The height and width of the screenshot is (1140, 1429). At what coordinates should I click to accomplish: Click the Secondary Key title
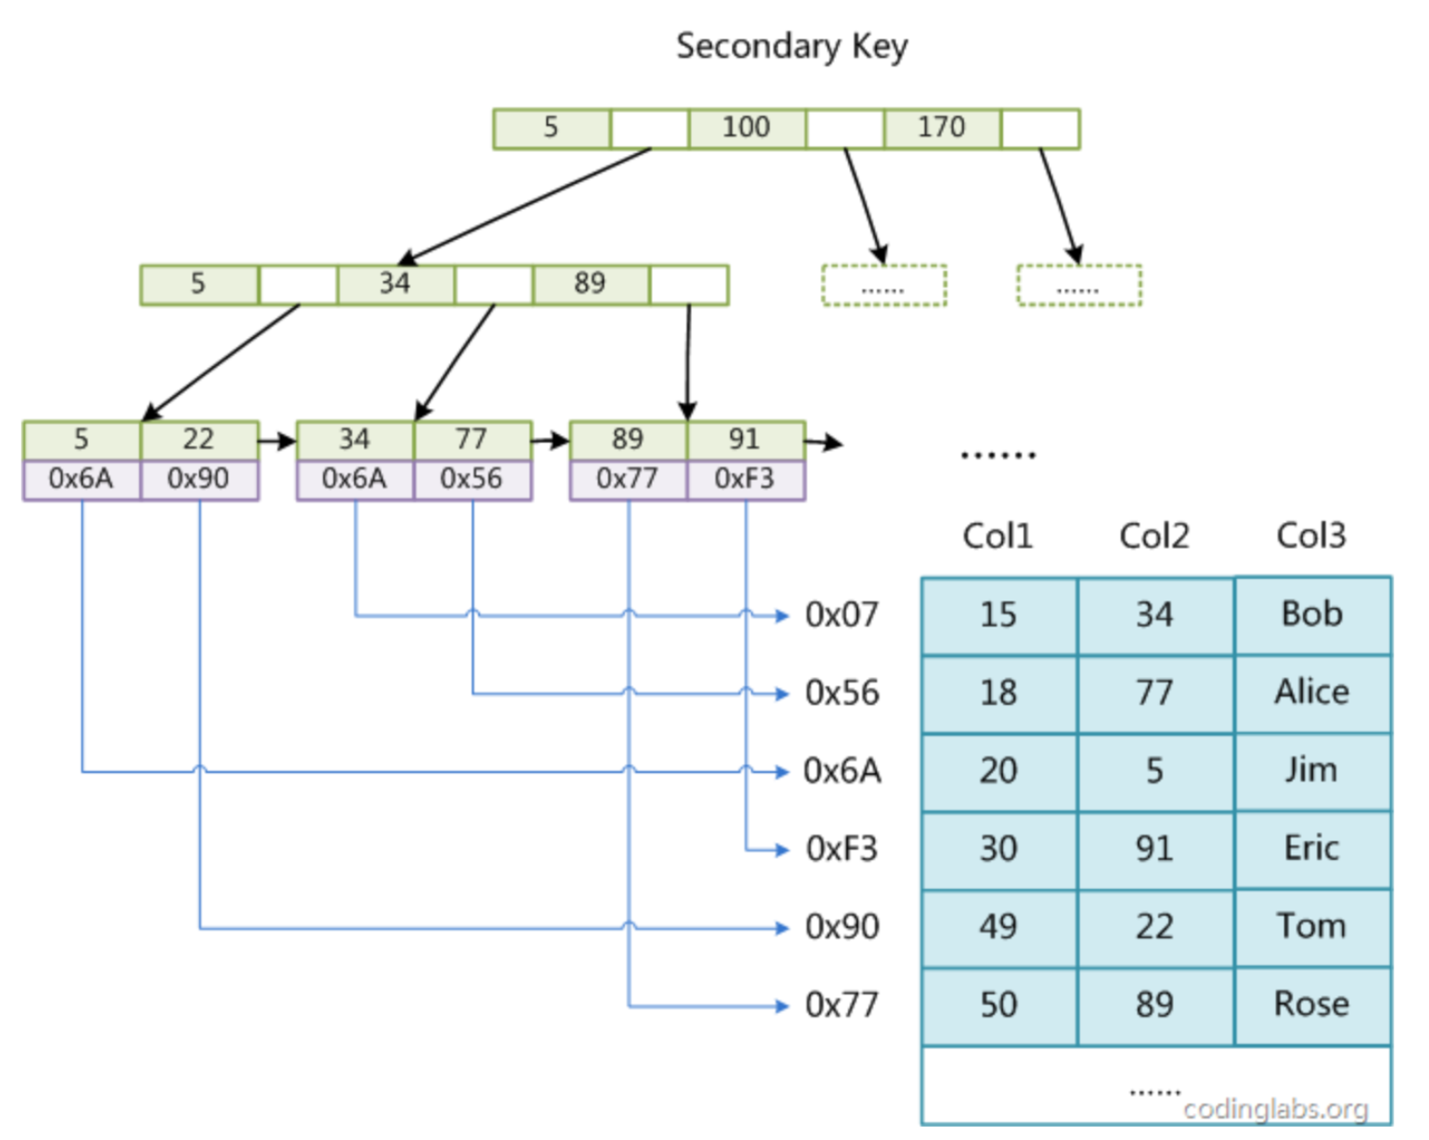click(x=791, y=47)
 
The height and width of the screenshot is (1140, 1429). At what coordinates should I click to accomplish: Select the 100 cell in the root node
click(x=747, y=128)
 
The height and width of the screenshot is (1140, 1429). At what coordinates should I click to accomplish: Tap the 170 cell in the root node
click(x=942, y=128)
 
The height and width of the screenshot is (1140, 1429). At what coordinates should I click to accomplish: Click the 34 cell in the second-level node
click(x=396, y=284)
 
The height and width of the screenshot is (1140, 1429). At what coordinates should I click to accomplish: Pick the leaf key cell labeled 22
click(x=199, y=440)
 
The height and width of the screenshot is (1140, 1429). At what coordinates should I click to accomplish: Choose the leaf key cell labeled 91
click(x=745, y=440)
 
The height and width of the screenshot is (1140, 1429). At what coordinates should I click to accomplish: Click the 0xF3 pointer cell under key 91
click(x=745, y=479)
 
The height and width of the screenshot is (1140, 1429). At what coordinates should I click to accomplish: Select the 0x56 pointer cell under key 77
click(x=472, y=479)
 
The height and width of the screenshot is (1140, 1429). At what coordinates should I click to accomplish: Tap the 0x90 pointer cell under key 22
click(x=199, y=479)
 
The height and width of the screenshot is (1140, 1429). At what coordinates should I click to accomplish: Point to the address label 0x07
click(x=842, y=615)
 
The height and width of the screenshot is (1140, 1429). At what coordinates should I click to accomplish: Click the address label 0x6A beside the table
click(x=842, y=771)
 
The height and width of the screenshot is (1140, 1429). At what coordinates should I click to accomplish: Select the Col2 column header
click(x=1154, y=536)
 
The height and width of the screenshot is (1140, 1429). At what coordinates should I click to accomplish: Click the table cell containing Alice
click(x=1312, y=694)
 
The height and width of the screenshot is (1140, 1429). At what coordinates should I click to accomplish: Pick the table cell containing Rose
click(x=1312, y=1006)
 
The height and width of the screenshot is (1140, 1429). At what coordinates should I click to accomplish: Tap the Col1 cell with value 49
click(x=999, y=927)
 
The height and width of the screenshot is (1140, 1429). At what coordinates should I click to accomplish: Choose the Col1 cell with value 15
click(x=999, y=615)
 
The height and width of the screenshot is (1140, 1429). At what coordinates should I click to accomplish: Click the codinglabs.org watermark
click(x=1276, y=1109)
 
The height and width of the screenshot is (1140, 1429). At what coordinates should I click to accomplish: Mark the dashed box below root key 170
click(x=1079, y=286)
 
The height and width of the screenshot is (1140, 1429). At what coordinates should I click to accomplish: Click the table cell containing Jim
click(x=1312, y=771)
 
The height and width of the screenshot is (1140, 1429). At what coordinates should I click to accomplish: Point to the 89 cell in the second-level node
click(x=591, y=284)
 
